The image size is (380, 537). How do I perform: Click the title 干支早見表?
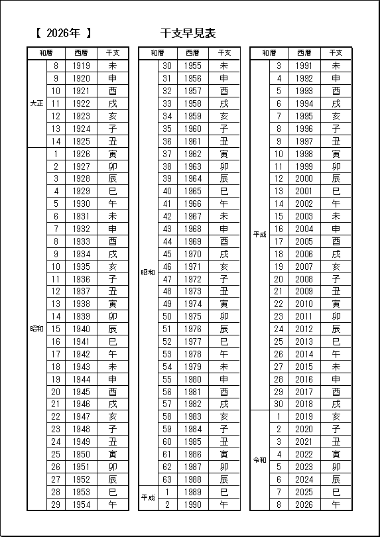pyautogui.click(x=188, y=33)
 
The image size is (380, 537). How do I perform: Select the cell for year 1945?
pyautogui.click(x=82, y=391)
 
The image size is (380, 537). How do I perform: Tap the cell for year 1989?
pyautogui.click(x=193, y=492)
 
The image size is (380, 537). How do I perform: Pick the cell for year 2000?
pyautogui.click(x=304, y=179)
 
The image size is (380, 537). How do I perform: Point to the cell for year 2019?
pyautogui.click(x=304, y=416)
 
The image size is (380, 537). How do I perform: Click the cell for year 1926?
pyautogui.click(x=82, y=154)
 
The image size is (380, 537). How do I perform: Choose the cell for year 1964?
pyautogui.click(x=193, y=179)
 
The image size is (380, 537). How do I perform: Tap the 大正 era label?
pyautogui.click(x=37, y=103)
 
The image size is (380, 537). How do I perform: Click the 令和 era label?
pyautogui.click(x=260, y=460)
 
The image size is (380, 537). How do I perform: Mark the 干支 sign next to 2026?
pyautogui.click(x=336, y=505)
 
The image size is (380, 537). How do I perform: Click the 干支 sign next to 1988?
pyautogui.click(x=224, y=479)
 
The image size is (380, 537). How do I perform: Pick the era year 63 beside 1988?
pyautogui.click(x=167, y=479)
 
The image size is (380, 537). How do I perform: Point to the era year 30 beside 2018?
pyautogui.click(x=279, y=404)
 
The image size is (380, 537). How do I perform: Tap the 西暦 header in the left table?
pyautogui.click(x=82, y=53)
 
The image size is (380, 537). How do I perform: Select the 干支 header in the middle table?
pyautogui.click(x=224, y=53)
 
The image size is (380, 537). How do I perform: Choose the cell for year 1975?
pyautogui.click(x=193, y=316)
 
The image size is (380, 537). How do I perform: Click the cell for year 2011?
pyautogui.click(x=304, y=316)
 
